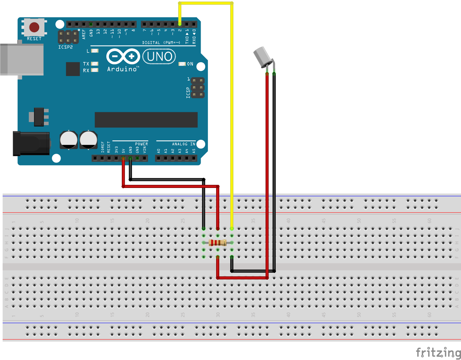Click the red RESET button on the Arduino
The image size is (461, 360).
pos(34,27)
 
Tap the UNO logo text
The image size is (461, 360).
pos(159,56)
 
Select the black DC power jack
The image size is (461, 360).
pos(31,143)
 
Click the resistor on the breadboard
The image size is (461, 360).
pos(218,243)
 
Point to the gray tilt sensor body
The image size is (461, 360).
pos(262,57)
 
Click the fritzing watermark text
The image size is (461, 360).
pos(438,352)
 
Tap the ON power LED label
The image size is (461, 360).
pos(190,64)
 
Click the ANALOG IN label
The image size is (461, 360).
pos(184,144)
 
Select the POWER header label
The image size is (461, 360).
pos(141,144)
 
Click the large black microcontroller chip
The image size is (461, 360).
pos(146,120)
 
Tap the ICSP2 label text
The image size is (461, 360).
pos(65,47)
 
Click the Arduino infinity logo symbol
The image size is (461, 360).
pos(123,56)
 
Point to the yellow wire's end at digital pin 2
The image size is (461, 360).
pos(180,24)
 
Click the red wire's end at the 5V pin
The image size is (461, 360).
pos(123,158)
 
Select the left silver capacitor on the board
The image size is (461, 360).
pos(69,140)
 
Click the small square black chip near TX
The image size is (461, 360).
pos(73,69)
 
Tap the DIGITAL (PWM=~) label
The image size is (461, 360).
pos(161,43)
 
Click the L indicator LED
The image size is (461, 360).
pos(95,51)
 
